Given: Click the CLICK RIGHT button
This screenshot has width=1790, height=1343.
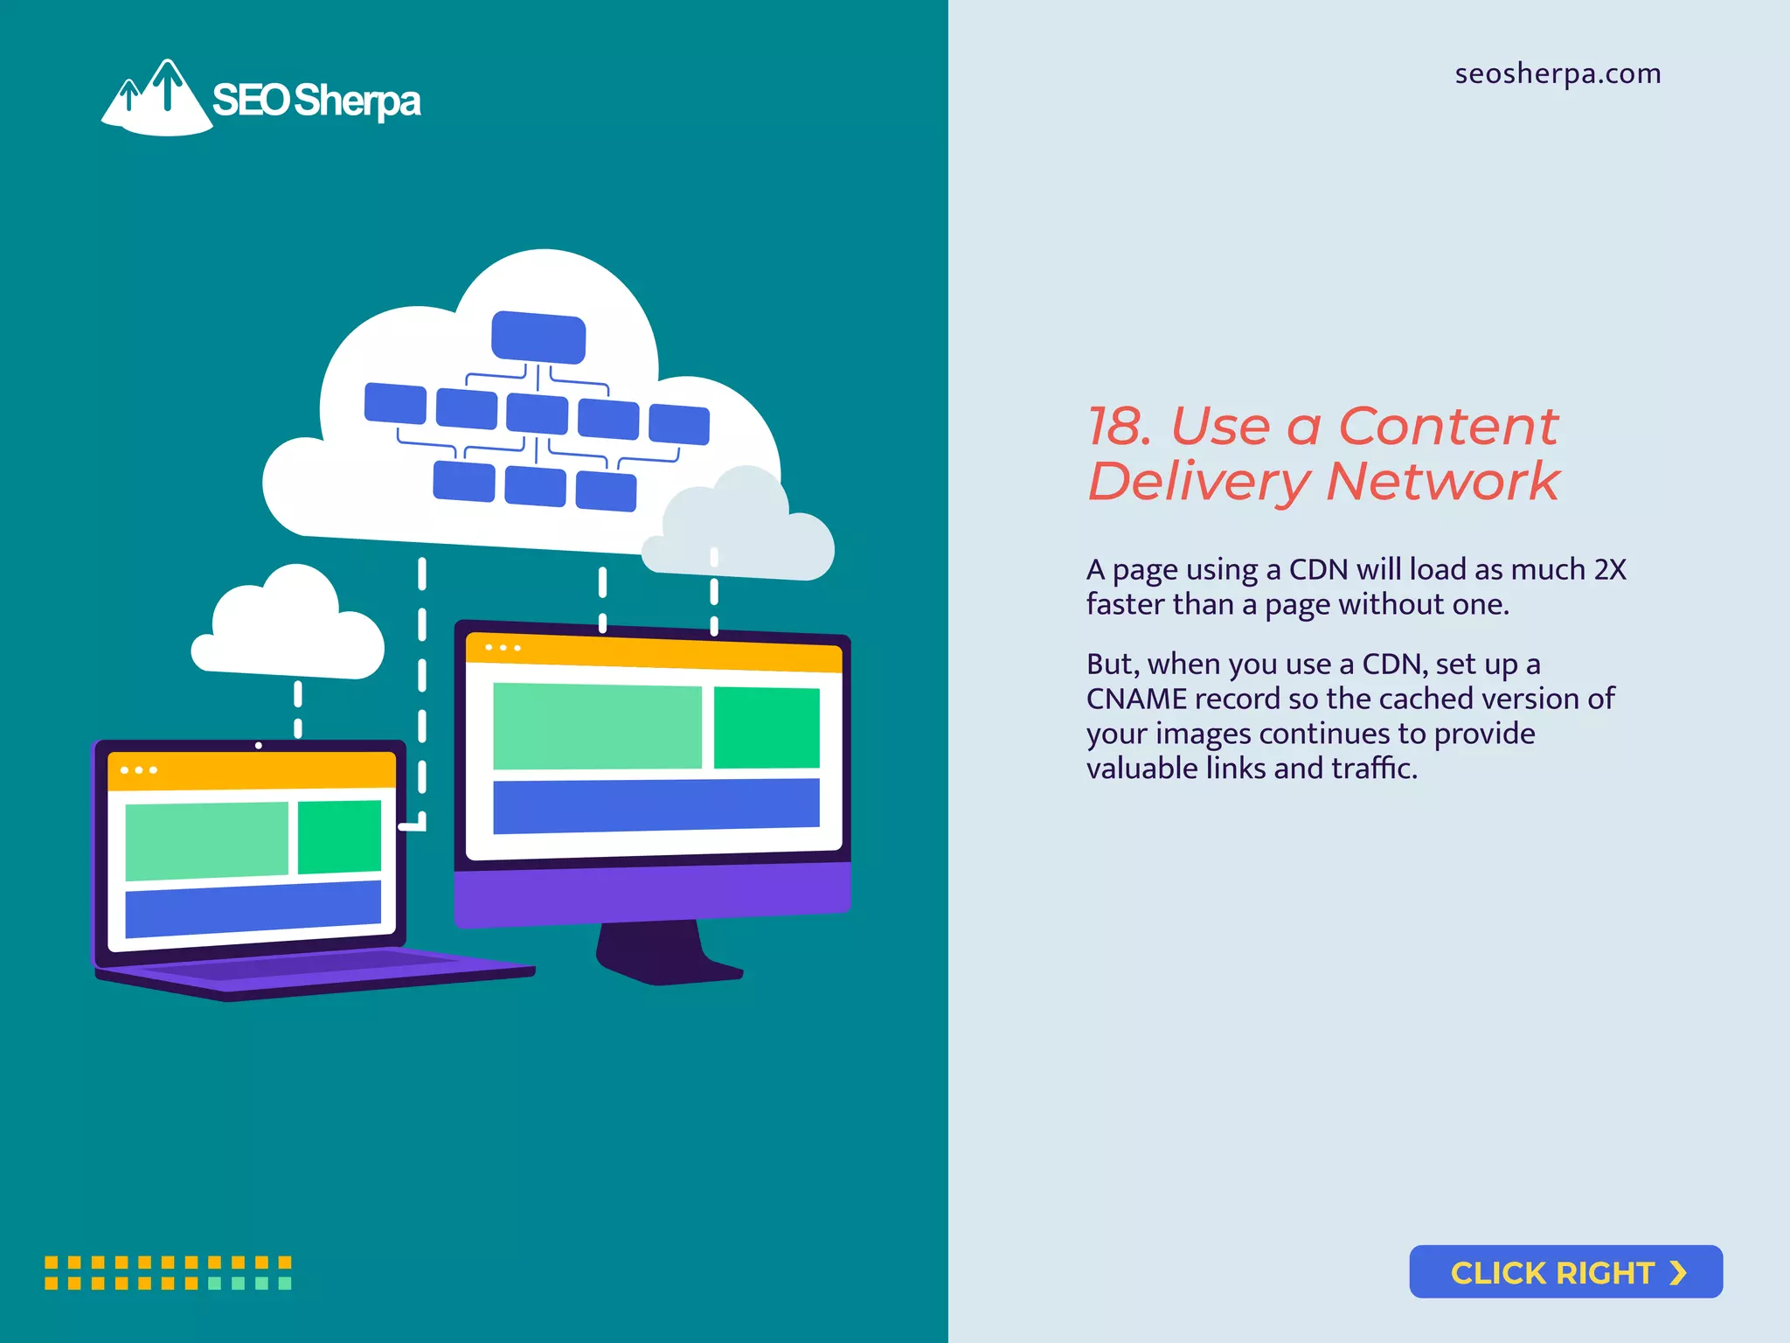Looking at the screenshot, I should coord(1565,1271).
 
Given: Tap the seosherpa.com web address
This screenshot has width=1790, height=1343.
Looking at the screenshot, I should coord(1558,73).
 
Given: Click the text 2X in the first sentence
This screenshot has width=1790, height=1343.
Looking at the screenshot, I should coord(1610,569).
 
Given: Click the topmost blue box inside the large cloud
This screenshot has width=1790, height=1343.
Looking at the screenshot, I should coord(538,337).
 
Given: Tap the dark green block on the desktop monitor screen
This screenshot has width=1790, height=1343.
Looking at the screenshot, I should coord(767,727).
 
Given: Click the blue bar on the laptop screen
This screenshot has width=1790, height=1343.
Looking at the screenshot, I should coord(253,908).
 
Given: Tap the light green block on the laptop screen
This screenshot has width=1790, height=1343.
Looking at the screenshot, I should coord(206,840).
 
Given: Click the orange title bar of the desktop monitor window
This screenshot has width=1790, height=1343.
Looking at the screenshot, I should coord(654,653).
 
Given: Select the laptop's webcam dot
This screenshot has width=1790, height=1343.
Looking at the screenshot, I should coord(258,746).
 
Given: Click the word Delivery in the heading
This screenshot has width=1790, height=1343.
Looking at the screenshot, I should coord(1199,481).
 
